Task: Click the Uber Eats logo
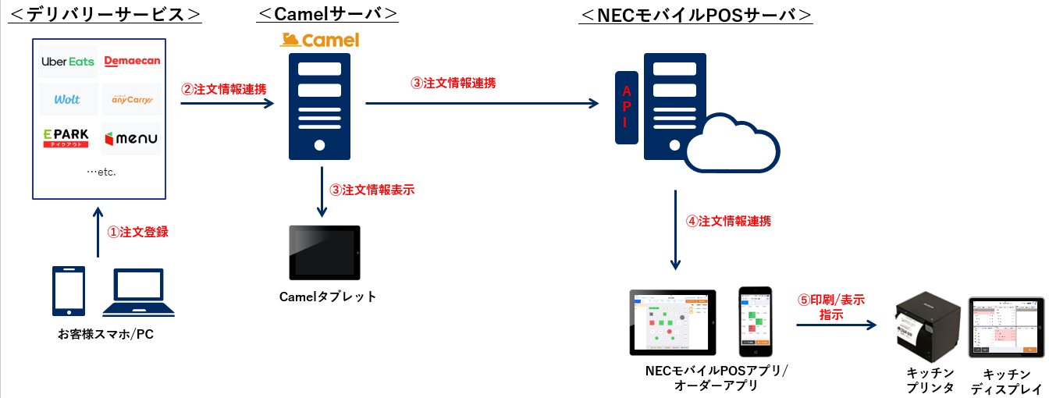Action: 68,62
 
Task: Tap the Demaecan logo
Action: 131,62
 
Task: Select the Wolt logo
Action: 68,100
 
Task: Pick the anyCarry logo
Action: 131,100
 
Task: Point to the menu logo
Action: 131,139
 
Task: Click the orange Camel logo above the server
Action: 319,40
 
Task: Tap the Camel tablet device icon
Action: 325,253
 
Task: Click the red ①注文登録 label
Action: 137,232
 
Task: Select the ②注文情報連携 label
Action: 223,89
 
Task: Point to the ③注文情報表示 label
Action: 372,190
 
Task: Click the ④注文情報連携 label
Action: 728,221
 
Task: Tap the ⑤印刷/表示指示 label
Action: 830,307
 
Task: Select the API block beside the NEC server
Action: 626,108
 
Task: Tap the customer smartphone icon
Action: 67,292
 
